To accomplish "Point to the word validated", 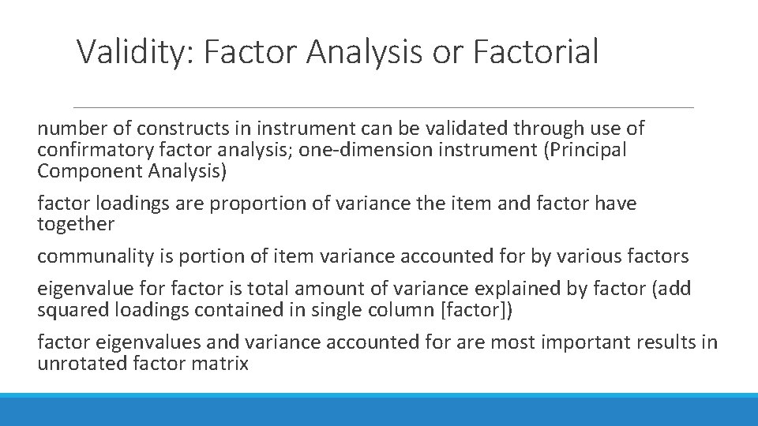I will pos(466,128).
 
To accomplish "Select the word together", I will pos(76,225).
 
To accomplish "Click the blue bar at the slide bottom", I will pos(379,410).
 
